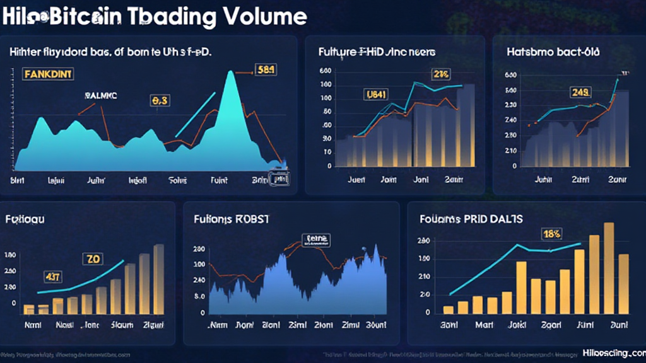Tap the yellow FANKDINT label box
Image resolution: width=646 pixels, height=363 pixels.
click(x=48, y=74)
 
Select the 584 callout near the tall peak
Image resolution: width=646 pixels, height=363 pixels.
click(x=264, y=70)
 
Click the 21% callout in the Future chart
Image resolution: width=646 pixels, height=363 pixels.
click(x=440, y=74)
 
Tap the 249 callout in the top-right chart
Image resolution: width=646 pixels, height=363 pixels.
click(x=580, y=93)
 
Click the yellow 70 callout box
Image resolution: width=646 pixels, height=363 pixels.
click(x=93, y=259)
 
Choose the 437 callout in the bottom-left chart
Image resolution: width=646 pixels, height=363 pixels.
click(x=52, y=276)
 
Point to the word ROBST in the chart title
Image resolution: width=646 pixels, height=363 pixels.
click(x=252, y=219)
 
